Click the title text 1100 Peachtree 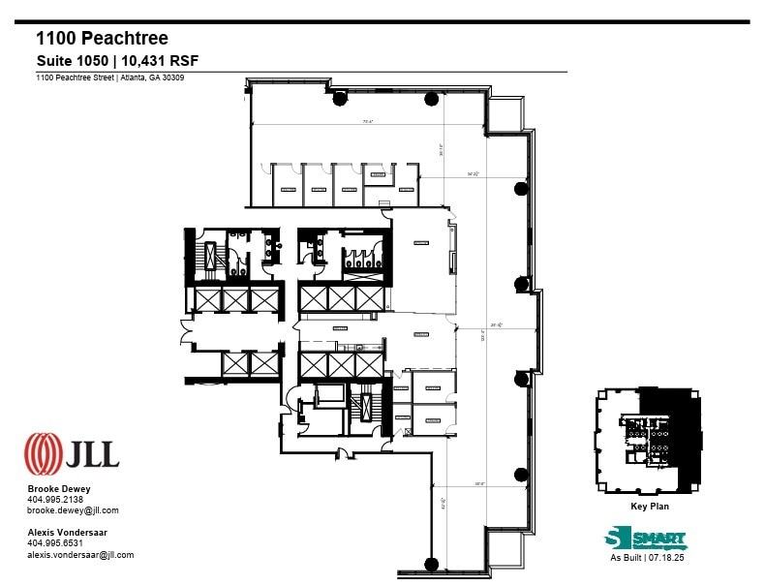pyautogui.click(x=102, y=39)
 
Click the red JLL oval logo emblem pyautogui.click(x=43, y=452)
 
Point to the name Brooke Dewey pyautogui.click(x=59, y=489)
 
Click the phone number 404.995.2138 pyautogui.click(x=54, y=500)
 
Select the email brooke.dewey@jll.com pyautogui.click(x=73, y=510)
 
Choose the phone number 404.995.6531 pyautogui.click(x=54, y=543)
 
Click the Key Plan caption pyautogui.click(x=650, y=506)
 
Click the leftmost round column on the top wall pyautogui.click(x=339, y=97)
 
